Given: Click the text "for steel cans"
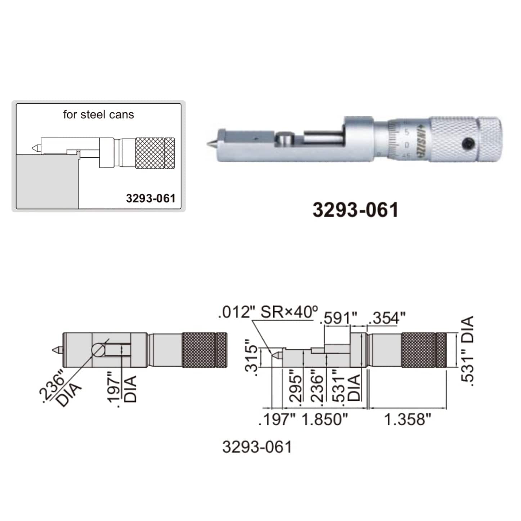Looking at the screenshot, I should click(x=98, y=115).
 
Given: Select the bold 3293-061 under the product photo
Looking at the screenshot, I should click(x=355, y=210).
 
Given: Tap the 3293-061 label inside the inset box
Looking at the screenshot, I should click(x=151, y=198).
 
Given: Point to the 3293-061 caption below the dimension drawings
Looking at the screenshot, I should click(x=257, y=447).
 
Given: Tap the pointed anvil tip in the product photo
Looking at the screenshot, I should click(x=209, y=144).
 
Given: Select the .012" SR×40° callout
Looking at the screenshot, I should click(x=268, y=312).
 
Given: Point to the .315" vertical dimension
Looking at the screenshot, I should click(x=252, y=358).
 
